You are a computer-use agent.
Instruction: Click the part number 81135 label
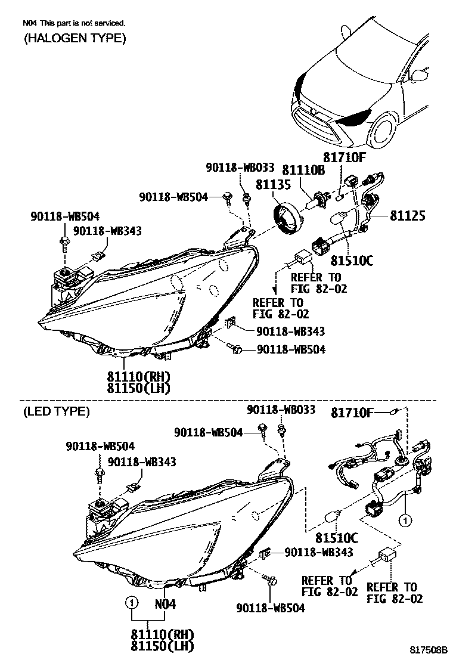click(272, 184)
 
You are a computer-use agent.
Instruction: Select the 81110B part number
click(303, 171)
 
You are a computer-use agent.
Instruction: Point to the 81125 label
click(407, 215)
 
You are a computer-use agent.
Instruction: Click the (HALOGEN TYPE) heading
click(75, 39)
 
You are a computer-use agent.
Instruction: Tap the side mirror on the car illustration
click(421, 75)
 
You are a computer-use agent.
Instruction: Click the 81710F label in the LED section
click(352, 411)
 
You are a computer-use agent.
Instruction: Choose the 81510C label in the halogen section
click(352, 261)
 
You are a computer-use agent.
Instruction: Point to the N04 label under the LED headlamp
click(165, 603)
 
